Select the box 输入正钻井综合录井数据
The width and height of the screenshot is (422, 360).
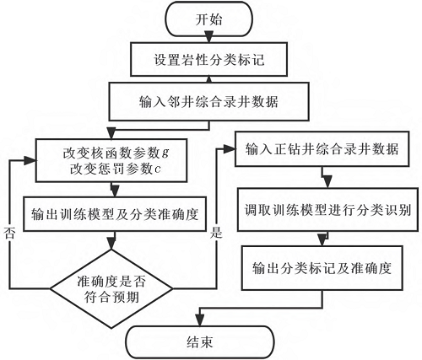point(322,150)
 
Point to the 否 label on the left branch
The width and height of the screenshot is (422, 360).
point(11,229)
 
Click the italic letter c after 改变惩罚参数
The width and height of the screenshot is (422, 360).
point(157,171)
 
